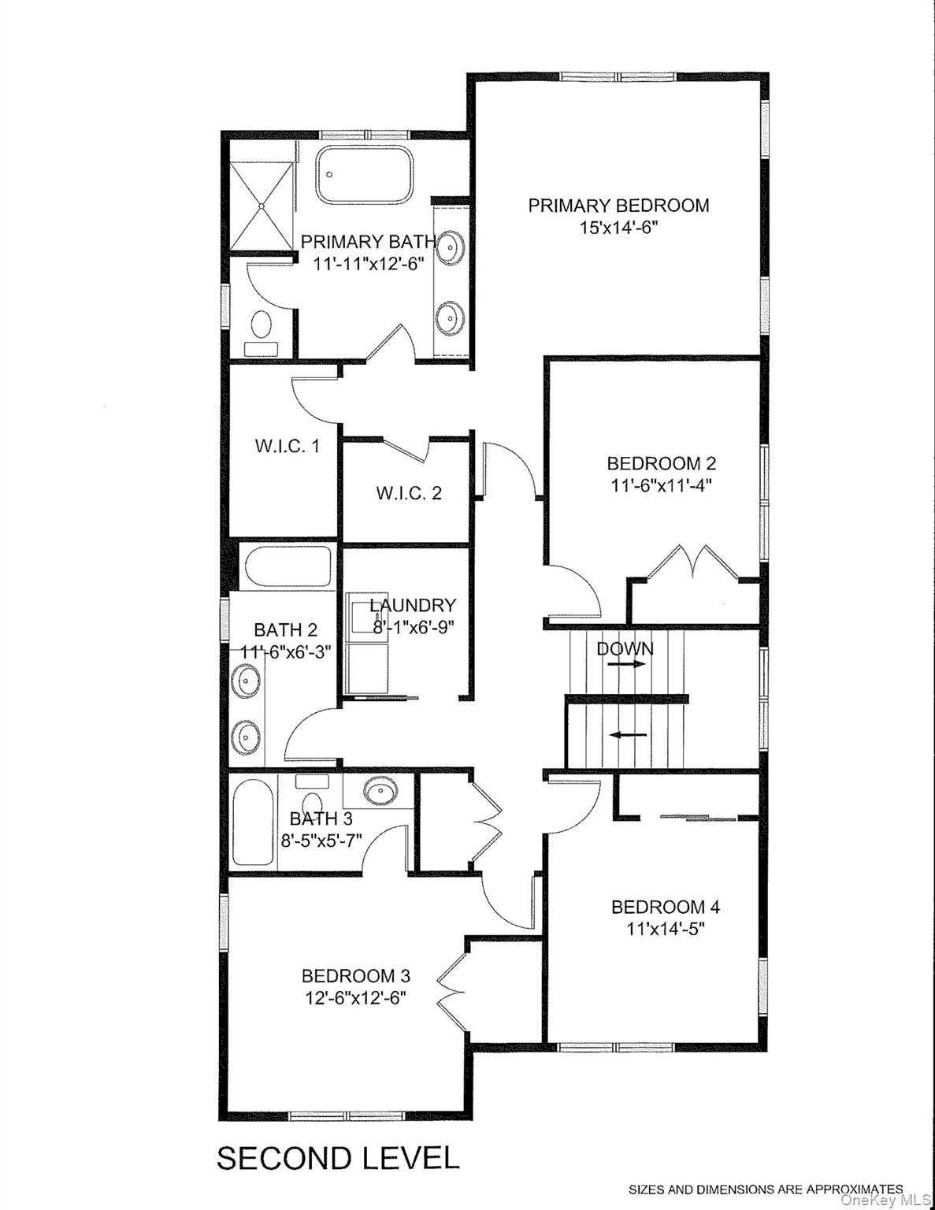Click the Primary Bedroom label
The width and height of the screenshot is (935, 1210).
618,206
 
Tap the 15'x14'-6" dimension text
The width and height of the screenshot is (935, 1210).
618,228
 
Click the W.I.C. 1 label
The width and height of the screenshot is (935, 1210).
287,446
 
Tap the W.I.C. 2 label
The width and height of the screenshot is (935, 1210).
408,493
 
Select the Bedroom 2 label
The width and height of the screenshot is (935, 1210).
661,462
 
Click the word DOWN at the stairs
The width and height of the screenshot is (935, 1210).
625,648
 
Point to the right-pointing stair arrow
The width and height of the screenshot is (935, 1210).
626,664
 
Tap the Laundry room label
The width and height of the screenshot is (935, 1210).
413,605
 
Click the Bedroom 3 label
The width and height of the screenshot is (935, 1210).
356,976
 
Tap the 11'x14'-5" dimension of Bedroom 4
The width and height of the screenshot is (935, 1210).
666,928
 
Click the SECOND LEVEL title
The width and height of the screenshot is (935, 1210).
337,1158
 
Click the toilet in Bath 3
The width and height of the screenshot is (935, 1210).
311,783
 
